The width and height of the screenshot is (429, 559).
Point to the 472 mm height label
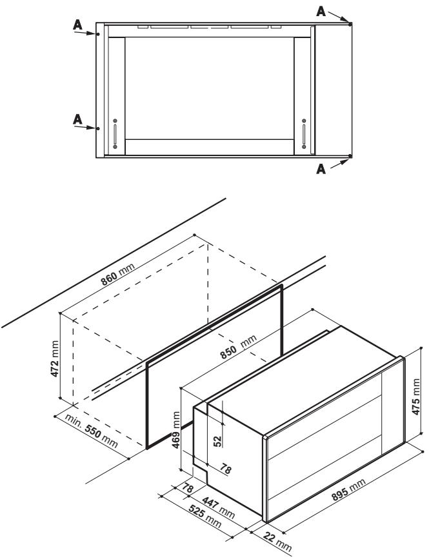55,359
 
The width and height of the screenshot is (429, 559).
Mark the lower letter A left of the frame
77,120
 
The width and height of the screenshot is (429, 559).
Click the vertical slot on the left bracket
115,134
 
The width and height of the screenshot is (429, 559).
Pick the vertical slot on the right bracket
303,134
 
